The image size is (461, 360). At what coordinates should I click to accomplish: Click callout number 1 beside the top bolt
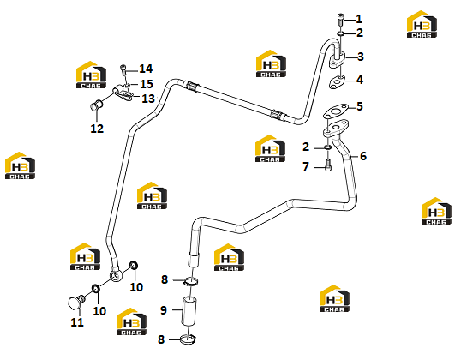[x=359, y=19]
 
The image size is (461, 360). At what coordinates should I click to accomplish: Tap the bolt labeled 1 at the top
[x=340, y=19]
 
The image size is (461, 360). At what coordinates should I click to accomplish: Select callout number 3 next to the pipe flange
[x=361, y=57]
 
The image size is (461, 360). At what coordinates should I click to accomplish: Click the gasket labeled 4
[x=337, y=81]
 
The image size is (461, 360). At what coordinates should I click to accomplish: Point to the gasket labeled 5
[x=336, y=111]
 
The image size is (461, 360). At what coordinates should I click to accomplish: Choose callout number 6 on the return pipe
[x=363, y=156]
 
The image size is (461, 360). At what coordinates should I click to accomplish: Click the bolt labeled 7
[x=328, y=165]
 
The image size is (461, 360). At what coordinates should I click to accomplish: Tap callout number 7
[x=306, y=166]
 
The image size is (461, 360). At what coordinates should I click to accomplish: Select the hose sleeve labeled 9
[x=189, y=311]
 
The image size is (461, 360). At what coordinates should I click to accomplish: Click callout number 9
[x=164, y=310]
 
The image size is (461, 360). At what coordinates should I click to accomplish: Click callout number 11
[x=77, y=322]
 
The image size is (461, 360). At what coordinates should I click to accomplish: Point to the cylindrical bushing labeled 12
[x=96, y=105]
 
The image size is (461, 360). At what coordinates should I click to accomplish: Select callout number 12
[x=97, y=129]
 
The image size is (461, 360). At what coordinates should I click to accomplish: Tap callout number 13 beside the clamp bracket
[x=148, y=99]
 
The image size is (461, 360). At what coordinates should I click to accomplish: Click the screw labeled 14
[x=123, y=71]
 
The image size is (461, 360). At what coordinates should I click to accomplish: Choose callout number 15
[x=147, y=84]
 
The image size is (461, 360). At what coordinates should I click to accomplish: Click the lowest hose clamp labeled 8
[x=189, y=340]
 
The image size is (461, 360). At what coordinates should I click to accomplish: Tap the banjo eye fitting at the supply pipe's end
[x=117, y=276]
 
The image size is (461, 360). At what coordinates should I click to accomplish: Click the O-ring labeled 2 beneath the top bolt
[x=341, y=33]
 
